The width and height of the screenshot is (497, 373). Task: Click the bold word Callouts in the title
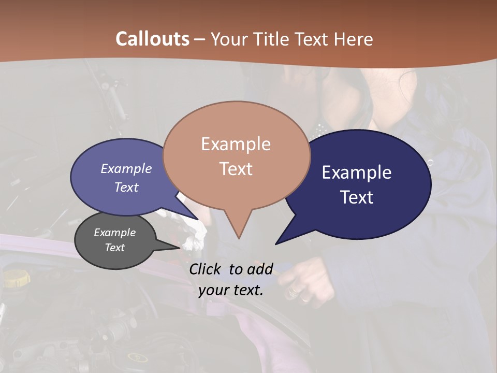coord(152,39)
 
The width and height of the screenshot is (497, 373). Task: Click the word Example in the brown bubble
coord(236,144)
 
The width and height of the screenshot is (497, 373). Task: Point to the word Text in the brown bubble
coord(236,169)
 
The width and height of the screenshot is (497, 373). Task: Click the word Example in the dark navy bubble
coord(357,173)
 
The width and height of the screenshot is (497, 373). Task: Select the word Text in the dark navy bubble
coord(357,197)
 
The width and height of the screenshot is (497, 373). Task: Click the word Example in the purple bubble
coord(126,169)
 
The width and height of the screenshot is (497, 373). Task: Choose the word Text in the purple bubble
coord(126,188)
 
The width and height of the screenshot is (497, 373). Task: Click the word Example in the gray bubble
coord(114,233)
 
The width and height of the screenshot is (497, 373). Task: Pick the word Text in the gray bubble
coord(114,248)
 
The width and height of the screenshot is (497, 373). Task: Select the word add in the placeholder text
coord(260,269)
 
